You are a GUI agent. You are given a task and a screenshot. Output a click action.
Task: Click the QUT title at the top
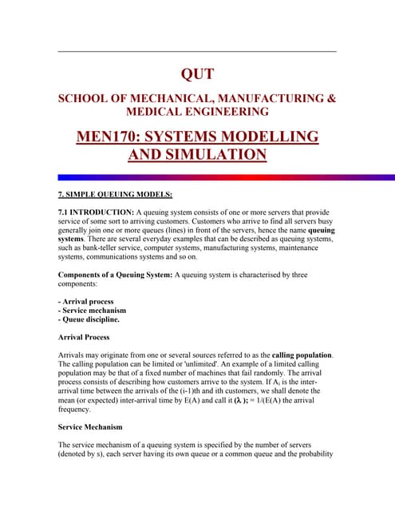click(x=197, y=74)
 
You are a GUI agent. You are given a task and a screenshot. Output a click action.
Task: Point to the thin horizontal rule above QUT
click(x=197, y=52)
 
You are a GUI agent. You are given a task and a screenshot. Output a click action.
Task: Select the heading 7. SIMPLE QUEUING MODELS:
click(x=109, y=195)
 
